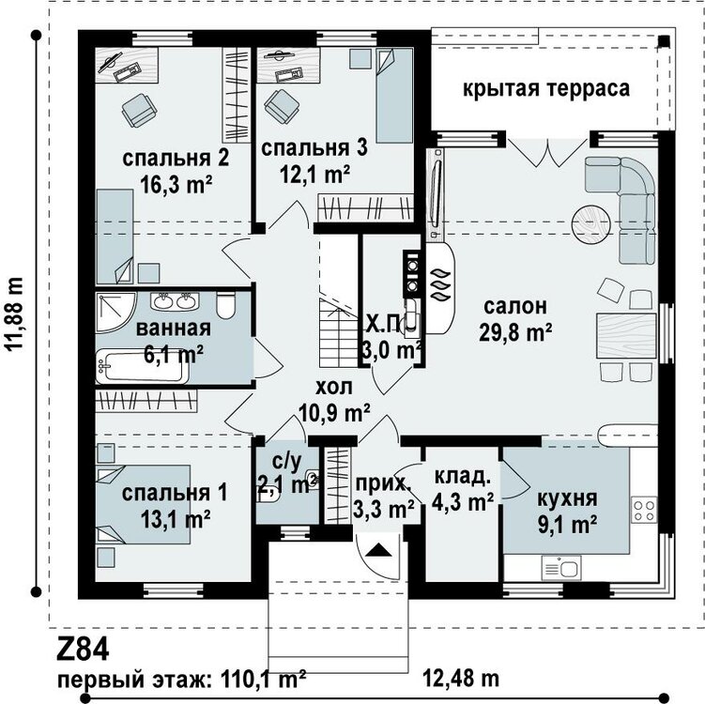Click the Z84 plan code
tap(83, 650)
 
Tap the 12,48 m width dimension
tap(461, 678)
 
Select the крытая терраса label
tap(546, 88)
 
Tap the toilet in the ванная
tap(225, 305)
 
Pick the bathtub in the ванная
tap(143, 366)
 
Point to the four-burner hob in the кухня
tap(644, 510)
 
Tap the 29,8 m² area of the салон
tap(515, 333)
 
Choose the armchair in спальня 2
tap(139, 111)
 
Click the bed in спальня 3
tap(394, 96)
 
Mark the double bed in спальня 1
tap(143, 504)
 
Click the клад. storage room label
tap(462, 477)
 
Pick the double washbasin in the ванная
tap(175, 301)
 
